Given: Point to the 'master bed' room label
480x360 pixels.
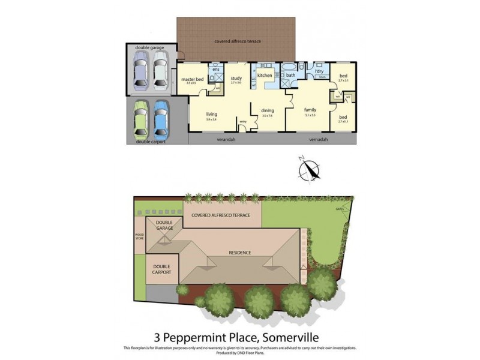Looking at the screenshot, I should [x=191, y=79].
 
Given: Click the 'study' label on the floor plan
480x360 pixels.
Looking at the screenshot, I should [x=236, y=78].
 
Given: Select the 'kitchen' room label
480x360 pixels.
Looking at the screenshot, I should [x=265, y=76].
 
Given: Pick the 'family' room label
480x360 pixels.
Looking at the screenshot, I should [x=310, y=110].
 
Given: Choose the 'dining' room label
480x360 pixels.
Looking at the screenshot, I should [x=268, y=110].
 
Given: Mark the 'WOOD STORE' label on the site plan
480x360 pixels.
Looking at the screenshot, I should [x=140, y=237].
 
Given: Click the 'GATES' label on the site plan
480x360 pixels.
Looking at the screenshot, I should [x=340, y=209].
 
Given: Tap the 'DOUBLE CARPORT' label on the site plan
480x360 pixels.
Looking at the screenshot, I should [x=162, y=269].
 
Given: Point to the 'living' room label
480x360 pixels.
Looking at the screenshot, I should [x=212, y=114].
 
